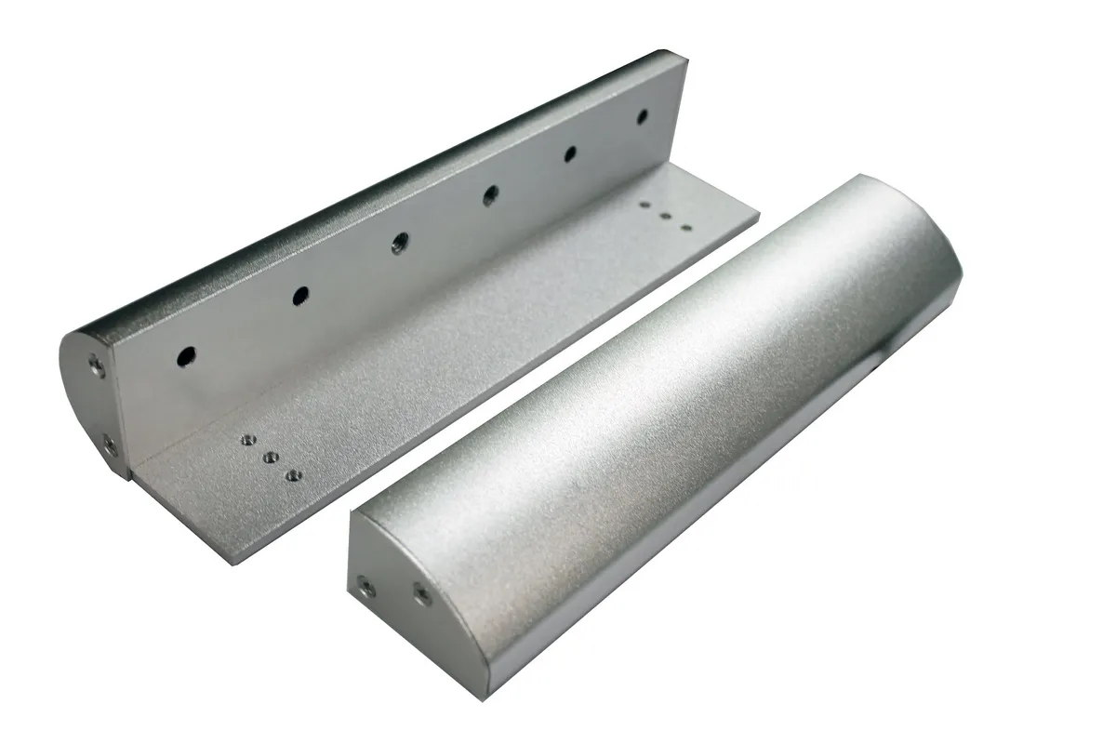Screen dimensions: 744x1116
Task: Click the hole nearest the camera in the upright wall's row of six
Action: click(x=187, y=354)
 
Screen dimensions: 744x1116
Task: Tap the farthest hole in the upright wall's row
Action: click(x=642, y=117)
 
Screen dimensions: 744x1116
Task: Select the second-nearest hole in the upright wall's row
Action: click(x=299, y=296)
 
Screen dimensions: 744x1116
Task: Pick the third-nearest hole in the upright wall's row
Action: click(x=399, y=244)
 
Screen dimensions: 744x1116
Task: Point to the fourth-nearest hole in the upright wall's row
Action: click(x=490, y=194)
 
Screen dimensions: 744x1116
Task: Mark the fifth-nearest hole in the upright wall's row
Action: click(x=569, y=153)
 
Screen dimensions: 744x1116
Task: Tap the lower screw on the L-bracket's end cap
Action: click(x=110, y=446)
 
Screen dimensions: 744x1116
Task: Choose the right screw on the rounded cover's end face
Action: click(x=422, y=593)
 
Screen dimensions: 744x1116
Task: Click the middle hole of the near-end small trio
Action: click(x=272, y=458)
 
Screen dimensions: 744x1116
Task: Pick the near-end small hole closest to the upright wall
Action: click(x=248, y=441)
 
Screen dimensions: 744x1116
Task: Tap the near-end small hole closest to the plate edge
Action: click(x=294, y=475)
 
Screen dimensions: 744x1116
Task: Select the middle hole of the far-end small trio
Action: click(x=666, y=215)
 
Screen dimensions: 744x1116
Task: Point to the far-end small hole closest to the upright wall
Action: click(x=646, y=204)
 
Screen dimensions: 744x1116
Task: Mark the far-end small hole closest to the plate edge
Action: click(x=685, y=227)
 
